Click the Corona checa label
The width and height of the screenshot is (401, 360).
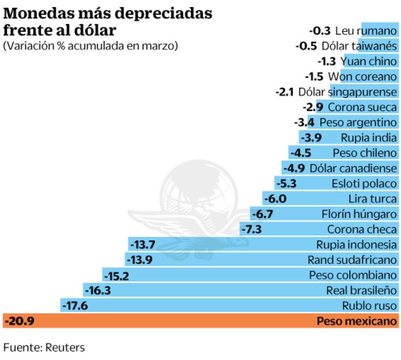coord(363,229)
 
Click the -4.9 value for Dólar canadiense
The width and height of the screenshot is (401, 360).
coord(295,168)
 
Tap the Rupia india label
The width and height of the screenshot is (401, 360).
coord(370,138)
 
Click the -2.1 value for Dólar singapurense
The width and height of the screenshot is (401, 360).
coord(284,92)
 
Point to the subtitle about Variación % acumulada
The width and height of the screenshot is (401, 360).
coord(91,45)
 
